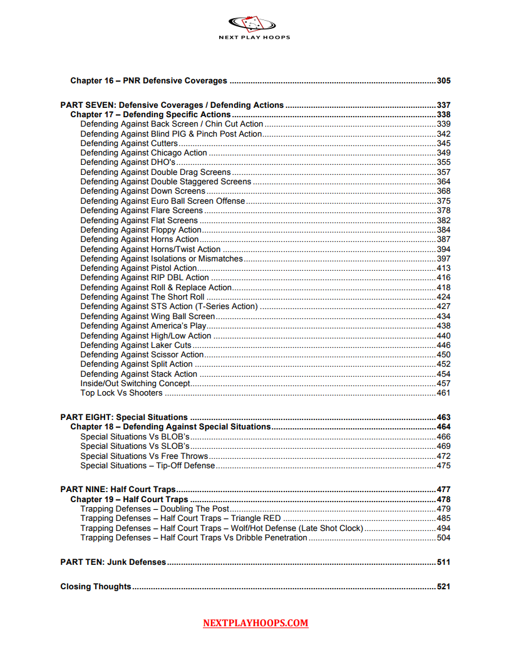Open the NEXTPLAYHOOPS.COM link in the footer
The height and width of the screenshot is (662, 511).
coord(255,623)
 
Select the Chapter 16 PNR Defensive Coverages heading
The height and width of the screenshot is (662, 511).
coord(148,81)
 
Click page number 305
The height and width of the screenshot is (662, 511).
coord(443,81)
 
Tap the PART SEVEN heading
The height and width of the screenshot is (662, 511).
coord(172,105)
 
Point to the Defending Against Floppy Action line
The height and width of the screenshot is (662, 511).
coord(141,230)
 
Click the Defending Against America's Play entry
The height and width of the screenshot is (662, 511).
coord(143,326)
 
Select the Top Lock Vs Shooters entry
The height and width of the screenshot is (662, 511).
coord(121,393)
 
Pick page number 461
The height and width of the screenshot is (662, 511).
coord(443,393)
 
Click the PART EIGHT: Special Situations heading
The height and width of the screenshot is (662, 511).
coord(124,418)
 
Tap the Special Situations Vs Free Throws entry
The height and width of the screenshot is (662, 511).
coord(144,456)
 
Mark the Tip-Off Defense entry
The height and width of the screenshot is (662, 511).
coord(147,466)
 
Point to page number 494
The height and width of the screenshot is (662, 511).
coord(443,528)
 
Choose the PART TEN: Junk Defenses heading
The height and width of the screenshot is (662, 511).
coord(113,562)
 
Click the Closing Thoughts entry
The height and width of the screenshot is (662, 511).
coord(96,587)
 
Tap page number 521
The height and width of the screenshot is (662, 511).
coord(443,587)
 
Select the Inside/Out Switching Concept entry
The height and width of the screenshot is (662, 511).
coord(135,384)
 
